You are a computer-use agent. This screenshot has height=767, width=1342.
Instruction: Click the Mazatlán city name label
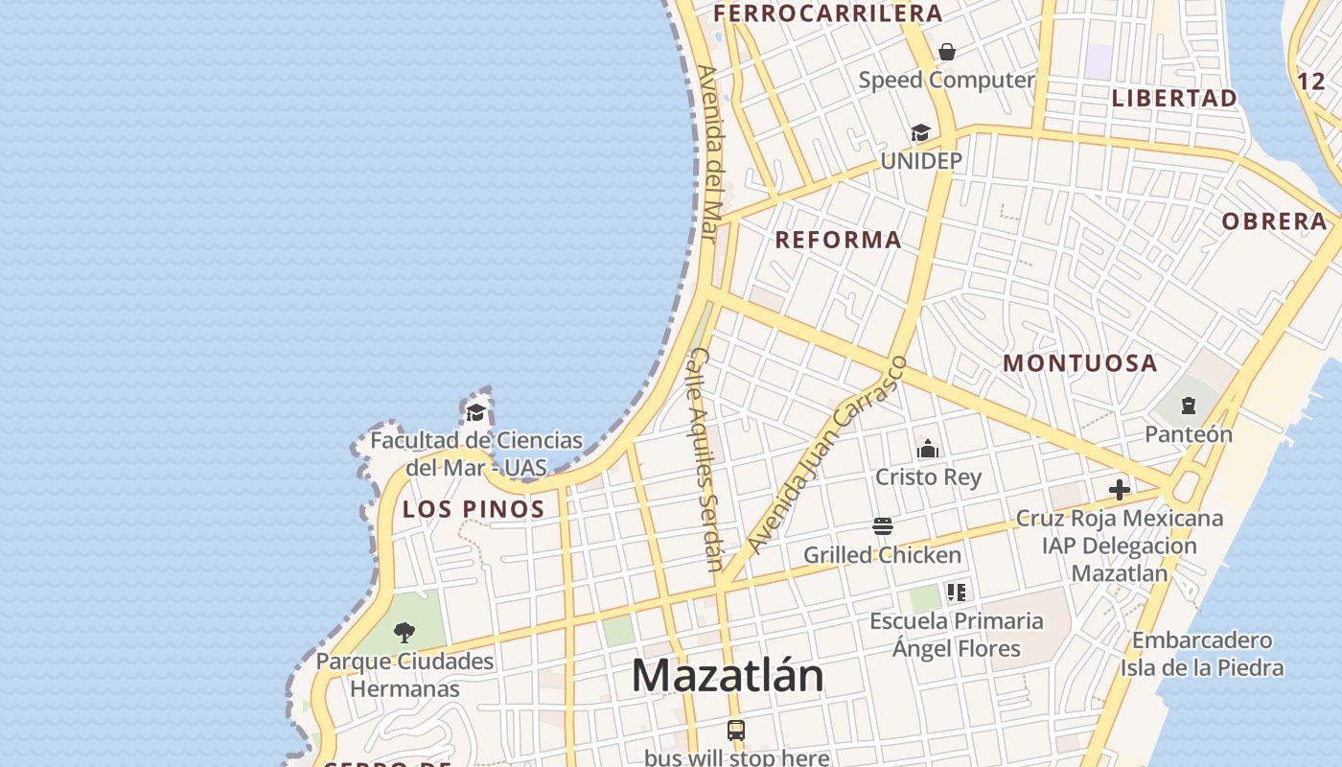[728, 676]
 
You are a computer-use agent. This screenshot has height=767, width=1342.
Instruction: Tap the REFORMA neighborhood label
[838, 240]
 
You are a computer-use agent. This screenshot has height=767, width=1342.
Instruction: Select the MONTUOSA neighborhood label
[1080, 363]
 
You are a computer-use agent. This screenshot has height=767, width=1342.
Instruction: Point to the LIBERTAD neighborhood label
[1174, 98]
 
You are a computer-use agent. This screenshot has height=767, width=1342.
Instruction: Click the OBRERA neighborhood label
[1274, 221]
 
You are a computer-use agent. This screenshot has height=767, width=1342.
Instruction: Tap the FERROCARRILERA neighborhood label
[828, 13]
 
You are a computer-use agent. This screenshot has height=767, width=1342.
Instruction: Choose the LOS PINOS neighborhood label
[474, 509]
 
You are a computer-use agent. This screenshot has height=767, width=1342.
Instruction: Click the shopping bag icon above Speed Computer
[947, 52]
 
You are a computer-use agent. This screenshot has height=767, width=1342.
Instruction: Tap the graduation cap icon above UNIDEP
[920, 133]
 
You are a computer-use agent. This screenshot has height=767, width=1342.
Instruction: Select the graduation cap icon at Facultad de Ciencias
[475, 413]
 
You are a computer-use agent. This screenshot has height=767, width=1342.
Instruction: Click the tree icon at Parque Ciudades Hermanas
[405, 633]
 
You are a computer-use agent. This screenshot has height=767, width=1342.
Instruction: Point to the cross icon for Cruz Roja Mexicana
[1119, 491]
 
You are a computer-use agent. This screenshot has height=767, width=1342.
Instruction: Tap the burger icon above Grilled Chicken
[883, 526]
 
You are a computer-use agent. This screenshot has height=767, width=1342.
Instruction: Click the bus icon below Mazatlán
[736, 731]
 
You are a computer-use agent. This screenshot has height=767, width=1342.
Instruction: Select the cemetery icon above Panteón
[1189, 406]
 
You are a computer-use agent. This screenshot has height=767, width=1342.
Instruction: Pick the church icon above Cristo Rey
[928, 449]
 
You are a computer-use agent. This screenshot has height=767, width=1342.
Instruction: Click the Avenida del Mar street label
[710, 153]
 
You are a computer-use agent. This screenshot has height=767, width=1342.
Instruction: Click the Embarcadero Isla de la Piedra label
[1202, 654]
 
